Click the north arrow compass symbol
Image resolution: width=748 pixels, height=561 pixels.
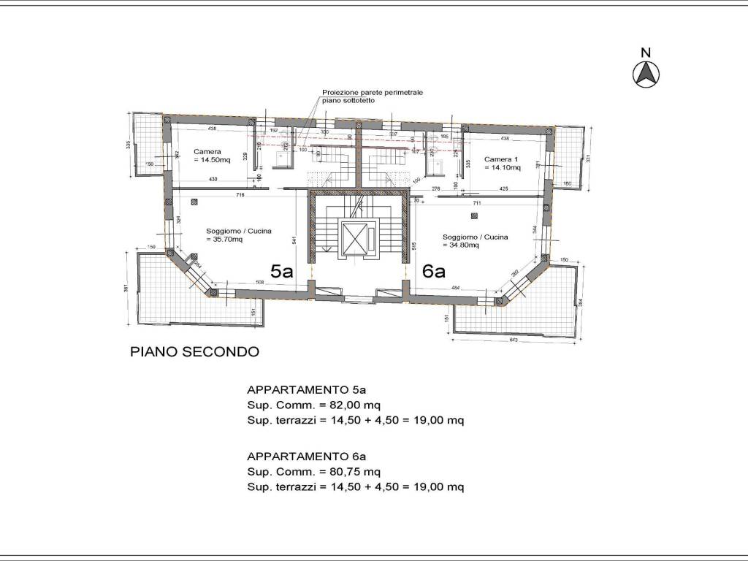click(646, 73)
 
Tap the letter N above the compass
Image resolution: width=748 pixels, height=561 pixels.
click(646, 52)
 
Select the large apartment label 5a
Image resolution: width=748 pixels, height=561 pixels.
click(282, 272)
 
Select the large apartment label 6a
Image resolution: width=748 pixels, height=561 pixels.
click(434, 272)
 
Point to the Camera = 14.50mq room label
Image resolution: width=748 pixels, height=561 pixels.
click(211, 156)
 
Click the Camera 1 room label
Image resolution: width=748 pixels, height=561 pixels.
click(503, 163)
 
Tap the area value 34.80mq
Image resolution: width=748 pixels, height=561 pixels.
click(463, 245)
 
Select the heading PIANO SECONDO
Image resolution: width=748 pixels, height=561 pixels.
click(194, 351)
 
